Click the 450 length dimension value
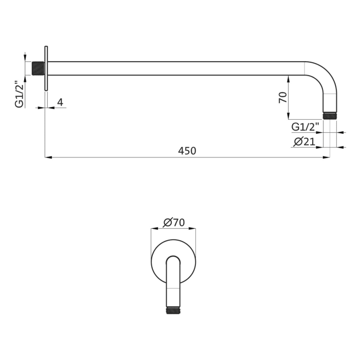click(187, 151)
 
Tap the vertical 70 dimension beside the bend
click(283, 97)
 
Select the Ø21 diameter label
click(304, 142)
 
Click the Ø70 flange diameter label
click(174, 222)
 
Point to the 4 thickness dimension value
click(60, 102)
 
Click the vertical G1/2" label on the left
click(20, 94)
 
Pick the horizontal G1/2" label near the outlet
click(305, 127)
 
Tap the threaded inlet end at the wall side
click(38, 68)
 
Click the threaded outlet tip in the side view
click(330, 116)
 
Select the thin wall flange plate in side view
click(46, 68)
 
